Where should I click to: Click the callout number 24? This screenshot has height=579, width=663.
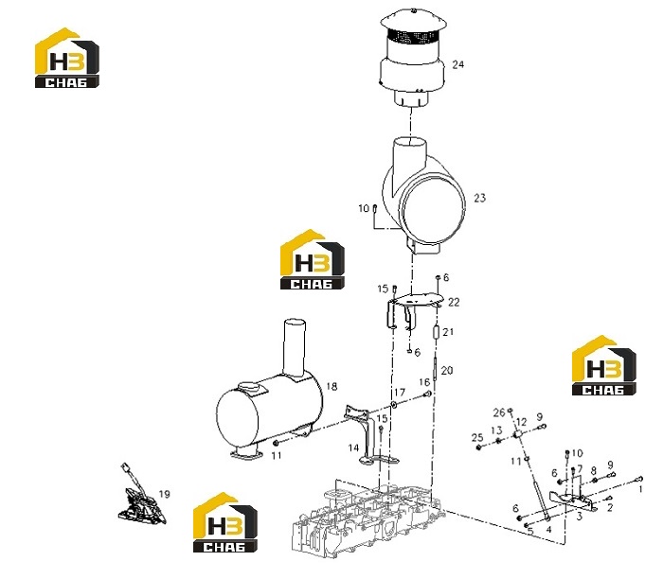457,64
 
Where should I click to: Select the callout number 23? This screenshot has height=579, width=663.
480,198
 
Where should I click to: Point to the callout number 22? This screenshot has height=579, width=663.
454,302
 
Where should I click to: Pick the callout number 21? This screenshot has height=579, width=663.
448,332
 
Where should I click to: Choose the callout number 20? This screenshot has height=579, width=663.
446,370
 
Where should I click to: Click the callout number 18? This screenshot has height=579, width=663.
331,386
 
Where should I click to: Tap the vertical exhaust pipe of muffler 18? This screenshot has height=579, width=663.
295,346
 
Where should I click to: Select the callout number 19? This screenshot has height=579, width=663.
165,494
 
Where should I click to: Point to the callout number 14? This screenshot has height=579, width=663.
353,447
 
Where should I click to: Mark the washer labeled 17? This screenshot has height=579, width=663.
394,405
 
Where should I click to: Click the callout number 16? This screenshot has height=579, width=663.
424,382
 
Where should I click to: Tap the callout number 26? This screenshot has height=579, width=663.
499,412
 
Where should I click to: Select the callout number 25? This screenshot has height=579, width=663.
477,438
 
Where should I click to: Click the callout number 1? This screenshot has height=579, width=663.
640,489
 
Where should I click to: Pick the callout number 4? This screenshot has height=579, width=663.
548,529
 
